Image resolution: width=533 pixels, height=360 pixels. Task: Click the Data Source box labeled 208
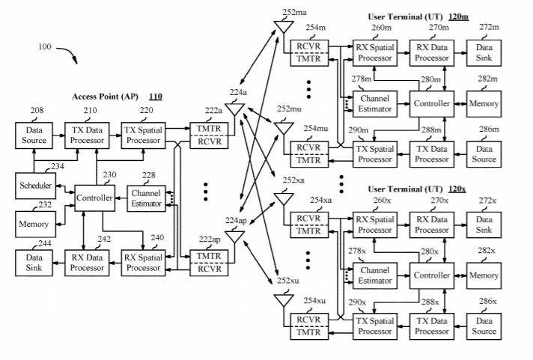[32, 135]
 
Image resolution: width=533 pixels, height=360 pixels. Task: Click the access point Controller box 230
[94, 198]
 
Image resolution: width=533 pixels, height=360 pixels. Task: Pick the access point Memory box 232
[34, 223]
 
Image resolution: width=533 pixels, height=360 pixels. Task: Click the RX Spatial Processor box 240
[144, 262]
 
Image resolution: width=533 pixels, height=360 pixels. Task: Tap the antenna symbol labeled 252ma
[283, 26]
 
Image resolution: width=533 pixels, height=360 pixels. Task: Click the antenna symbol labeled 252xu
[283, 301]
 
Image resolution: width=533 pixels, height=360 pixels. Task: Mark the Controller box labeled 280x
[431, 275]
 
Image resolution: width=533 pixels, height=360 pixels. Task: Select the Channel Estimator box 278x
[374, 275]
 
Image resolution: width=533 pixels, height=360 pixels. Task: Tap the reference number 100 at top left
[44, 47]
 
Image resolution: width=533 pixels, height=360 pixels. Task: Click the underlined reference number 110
[156, 97]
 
